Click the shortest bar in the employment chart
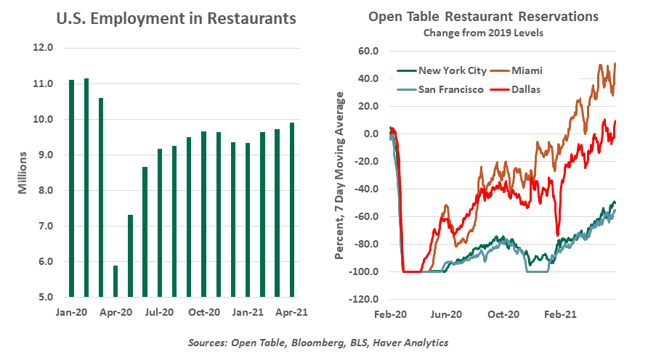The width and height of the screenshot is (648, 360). (x=115, y=281)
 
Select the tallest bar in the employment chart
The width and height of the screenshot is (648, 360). (x=86, y=187)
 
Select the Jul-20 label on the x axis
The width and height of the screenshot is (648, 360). (x=159, y=313)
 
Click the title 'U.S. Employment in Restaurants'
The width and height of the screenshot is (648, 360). (x=177, y=19)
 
